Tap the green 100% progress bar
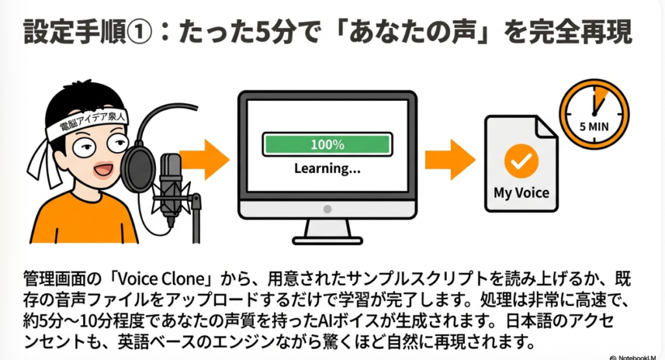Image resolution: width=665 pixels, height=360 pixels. pos(327,144)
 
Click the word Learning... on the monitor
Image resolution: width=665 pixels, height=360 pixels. pos(327,169)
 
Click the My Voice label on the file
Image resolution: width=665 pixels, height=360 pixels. pos(521,193)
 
